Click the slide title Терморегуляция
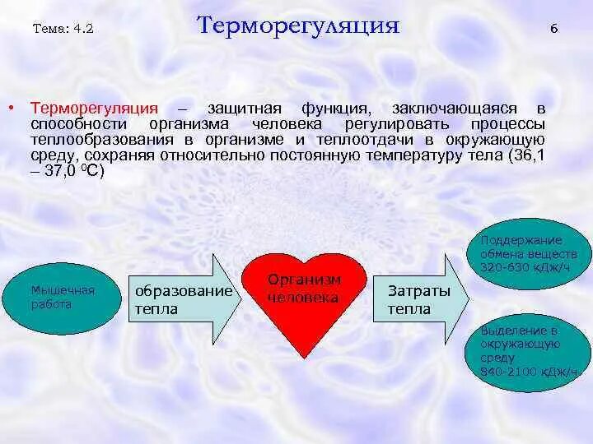(x=298, y=26)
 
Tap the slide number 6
(x=554, y=29)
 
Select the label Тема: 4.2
(x=63, y=29)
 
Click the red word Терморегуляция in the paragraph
(x=94, y=109)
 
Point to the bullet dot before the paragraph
(x=11, y=109)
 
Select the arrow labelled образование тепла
(x=185, y=298)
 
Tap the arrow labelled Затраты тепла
(x=422, y=299)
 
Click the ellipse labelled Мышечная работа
(x=62, y=298)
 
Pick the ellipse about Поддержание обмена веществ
(x=528, y=254)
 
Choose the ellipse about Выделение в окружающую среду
(x=528, y=353)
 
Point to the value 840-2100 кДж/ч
(x=529, y=372)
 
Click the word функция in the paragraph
(x=334, y=109)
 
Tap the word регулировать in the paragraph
(x=396, y=125)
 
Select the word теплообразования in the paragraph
(x=102, y=141)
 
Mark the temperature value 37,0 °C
(x=74, y=172)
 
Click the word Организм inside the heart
(x=304, y=280)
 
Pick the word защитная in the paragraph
(x=245, y=109)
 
